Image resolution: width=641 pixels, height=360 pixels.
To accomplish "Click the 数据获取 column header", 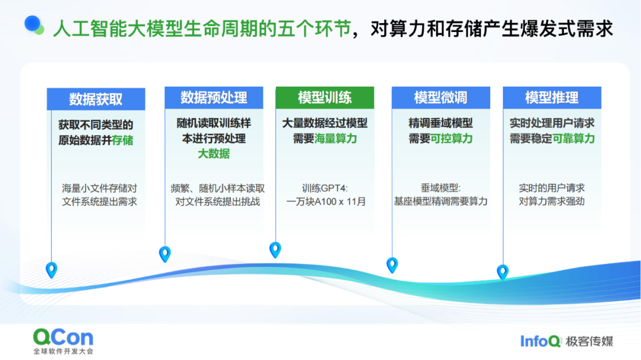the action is (96, 99).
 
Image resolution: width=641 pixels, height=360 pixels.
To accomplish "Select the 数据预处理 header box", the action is (214, 98).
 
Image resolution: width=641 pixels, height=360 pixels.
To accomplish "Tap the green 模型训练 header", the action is (325, 98).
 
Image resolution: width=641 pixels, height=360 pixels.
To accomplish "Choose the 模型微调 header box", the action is (440, 98).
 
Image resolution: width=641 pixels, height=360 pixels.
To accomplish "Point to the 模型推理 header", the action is (552, 98).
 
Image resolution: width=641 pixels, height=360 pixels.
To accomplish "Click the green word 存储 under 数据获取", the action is (123, 141).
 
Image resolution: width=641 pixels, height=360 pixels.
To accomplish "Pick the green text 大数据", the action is (214, 154).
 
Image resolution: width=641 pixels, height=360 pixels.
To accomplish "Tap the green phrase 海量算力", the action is (335, 139).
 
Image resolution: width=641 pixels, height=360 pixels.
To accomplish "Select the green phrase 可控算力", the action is (451, 139).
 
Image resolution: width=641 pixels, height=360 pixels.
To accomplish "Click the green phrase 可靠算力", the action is (573, 139).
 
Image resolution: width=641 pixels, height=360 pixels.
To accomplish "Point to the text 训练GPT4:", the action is (325, 189).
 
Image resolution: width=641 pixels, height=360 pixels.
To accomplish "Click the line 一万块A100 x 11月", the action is (326, 202).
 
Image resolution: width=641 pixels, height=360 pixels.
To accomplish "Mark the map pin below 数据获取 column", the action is (52, 270).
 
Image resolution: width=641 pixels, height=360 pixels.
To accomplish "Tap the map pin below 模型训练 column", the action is (275, 250).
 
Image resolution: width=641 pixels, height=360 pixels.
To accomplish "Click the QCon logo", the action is (63, 337).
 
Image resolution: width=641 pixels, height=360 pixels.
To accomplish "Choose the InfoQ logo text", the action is (540, 341).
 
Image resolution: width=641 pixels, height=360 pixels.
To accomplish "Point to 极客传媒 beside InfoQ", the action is (589, 342).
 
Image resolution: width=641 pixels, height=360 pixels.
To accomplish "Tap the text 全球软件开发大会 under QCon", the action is (64, 352).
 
